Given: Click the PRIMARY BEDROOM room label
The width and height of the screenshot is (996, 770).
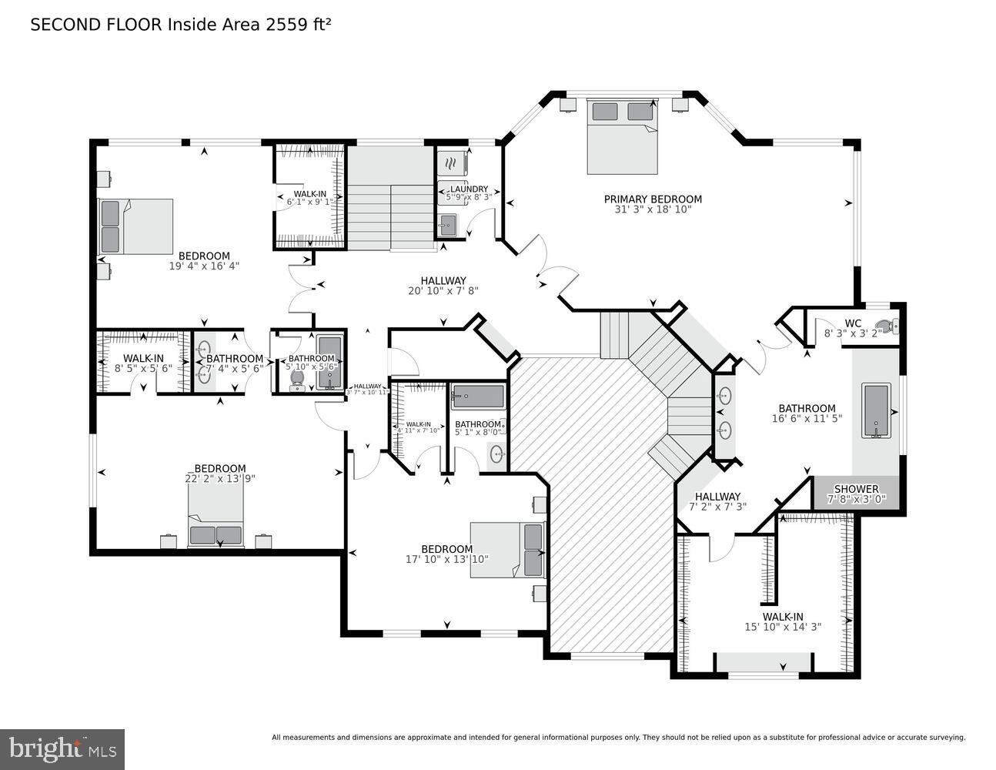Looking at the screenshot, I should click(652, 199).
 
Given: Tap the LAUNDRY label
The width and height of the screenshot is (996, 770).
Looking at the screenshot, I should click(469, 189).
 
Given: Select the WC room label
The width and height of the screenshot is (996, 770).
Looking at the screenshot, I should click(853, 323).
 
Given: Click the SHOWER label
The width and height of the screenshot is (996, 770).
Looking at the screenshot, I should click(856, 489).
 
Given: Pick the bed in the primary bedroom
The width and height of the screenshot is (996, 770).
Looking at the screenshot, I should click(623, 136).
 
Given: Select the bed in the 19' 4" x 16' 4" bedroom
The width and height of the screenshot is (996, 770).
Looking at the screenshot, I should click(135, 226).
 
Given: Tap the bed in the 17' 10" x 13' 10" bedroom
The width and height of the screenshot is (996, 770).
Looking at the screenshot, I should click(508, 550).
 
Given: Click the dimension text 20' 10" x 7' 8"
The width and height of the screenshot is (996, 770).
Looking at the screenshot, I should click(443, 291).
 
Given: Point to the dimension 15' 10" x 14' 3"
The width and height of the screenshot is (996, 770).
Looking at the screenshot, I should click(783, 627).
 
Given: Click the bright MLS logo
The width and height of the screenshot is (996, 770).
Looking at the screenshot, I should click(62, 748).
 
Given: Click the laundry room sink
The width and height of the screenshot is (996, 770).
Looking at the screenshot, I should click(447, 226).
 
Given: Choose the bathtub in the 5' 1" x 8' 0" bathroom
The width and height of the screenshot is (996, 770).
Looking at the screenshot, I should click(477, 397).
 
